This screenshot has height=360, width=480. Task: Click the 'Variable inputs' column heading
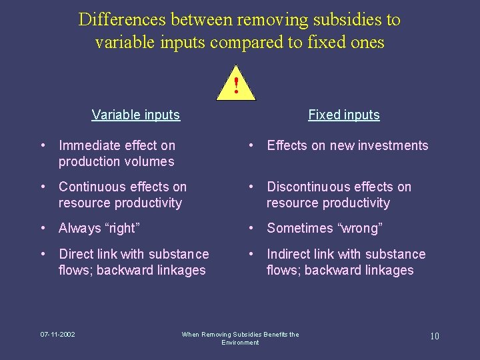pos(135,115)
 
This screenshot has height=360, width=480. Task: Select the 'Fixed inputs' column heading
pos(343,115)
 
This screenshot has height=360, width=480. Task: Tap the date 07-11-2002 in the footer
pos(57,334)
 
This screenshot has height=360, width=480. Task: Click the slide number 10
pos(434,336)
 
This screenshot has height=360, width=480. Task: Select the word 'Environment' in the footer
pos(240,342)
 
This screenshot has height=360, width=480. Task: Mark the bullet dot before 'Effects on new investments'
pos(251,145)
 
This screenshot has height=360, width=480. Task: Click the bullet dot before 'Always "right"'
pos(43,228)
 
